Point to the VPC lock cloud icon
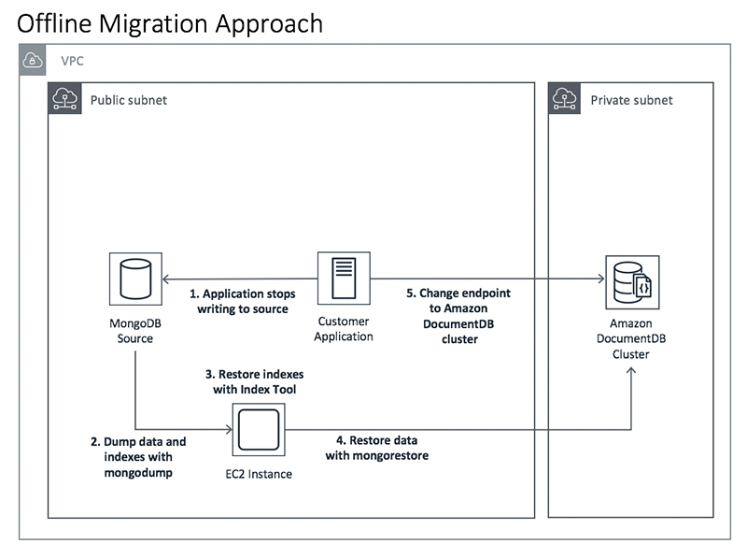pyautogui.click(x=34, y=62)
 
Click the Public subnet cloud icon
pyautogui.click(x=63, y=99)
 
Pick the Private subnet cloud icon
pyautogui.click(x=564, y=99)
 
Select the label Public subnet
pyautogui.click(x=128, y=100)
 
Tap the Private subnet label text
pyautogui.click(x=630, y=100)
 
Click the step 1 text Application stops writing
pyautogui.click(x=245, y=300)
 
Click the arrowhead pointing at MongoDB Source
pyautogui.click(x=167, y=279)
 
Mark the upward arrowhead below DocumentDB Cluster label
pyautogui.click(x=632, y=372)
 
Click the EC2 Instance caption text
pyautogui.click(x=259, y=474)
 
